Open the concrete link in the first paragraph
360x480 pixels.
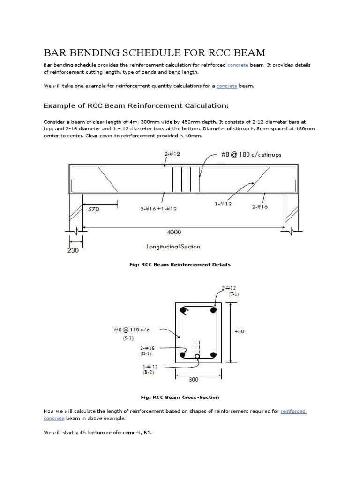point(238,65)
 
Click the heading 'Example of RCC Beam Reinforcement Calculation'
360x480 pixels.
point(136,105)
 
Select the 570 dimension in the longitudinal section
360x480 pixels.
point(93,210)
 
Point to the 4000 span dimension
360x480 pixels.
point(173,232)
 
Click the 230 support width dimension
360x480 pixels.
point(73,250)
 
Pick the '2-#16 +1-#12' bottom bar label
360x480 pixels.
point(158,209)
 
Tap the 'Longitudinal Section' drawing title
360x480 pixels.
point(173,247)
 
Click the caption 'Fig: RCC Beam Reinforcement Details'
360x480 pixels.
point(180,265)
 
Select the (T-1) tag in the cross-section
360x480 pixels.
point(233,294)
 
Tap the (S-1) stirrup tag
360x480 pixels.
point(128,337)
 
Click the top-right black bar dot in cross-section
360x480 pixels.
point(213,310)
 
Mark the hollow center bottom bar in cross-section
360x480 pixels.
point(197,356)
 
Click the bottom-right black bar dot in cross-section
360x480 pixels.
point(213,355)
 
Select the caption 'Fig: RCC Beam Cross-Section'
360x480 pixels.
point(180,397)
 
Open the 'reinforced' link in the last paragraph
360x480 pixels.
point(293,411)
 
